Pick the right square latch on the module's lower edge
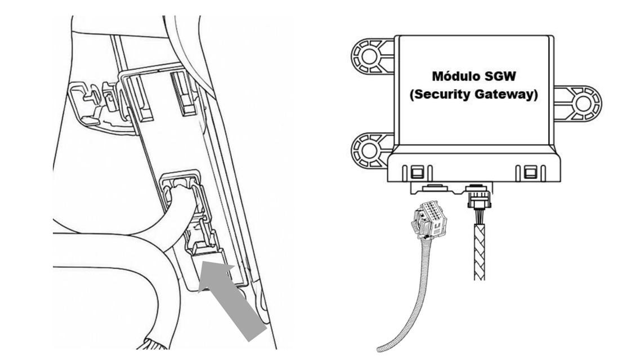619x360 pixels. coord(530,172)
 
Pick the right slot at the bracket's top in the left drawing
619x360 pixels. coord(183,94)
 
